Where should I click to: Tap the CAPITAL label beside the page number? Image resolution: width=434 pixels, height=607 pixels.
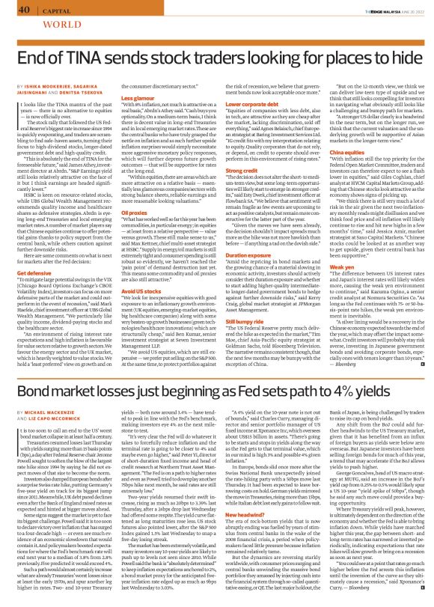coord(53,10)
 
